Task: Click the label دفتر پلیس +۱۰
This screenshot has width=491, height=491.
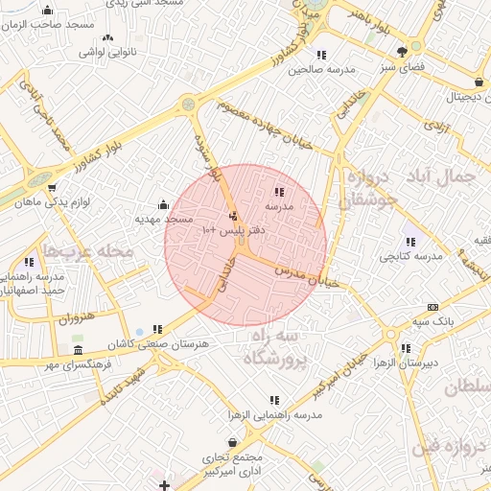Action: coord(229,231)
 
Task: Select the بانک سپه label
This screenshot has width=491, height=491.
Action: coord(433,321)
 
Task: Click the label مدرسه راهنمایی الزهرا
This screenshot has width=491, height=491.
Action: coord(273,415)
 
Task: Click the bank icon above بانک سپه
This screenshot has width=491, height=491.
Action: coord(433,307)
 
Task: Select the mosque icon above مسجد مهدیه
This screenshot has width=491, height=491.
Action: coord(163,204)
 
